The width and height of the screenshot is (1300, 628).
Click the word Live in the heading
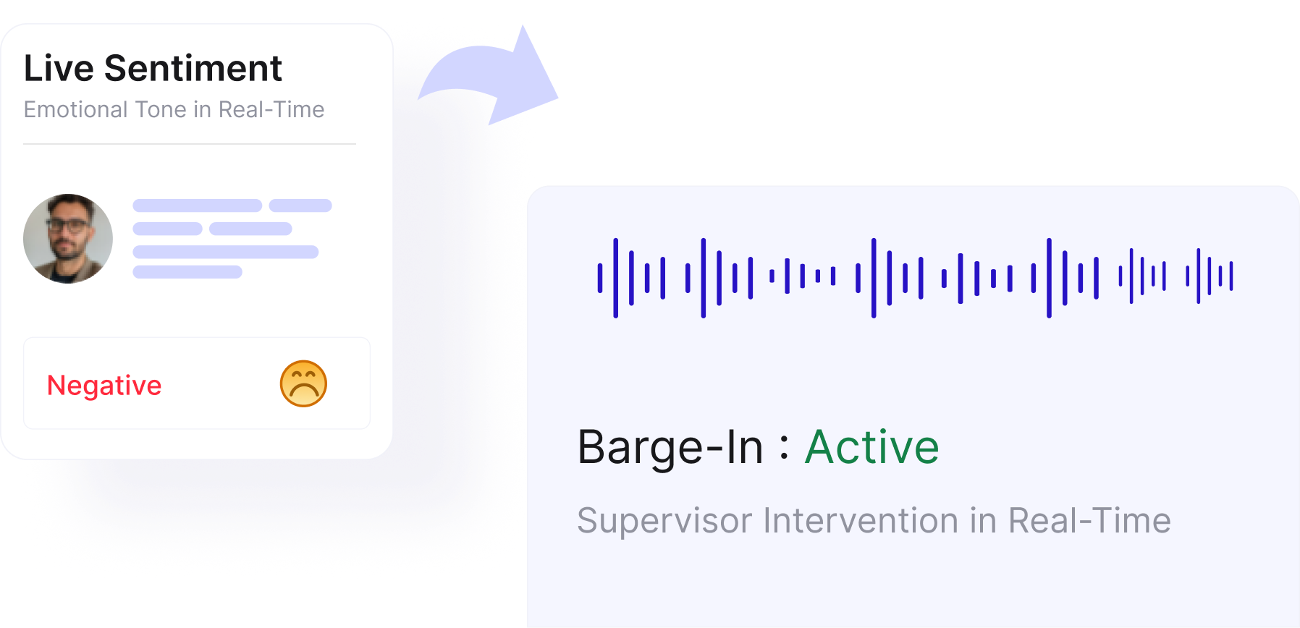(59, 69)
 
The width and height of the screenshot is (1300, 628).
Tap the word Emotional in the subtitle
(75, 110)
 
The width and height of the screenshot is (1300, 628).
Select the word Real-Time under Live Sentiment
(271, 110)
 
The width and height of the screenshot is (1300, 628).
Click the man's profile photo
(68, 239)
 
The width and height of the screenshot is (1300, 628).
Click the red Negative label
(104, 385)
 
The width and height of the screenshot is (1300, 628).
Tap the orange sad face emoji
(303, 383)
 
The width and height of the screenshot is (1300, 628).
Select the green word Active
(872, 446)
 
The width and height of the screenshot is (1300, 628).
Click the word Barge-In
(670, 446)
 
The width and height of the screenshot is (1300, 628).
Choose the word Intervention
(861, 521)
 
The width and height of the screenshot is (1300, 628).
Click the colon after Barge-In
(784, 446)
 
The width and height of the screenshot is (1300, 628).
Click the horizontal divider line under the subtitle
(190, 144)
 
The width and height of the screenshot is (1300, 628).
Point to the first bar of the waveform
(600, 278)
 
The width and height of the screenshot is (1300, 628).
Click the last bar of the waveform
(1231, 276)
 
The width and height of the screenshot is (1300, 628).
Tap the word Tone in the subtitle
(161, 110)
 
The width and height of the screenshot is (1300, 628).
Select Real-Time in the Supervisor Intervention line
(1089, 521)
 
